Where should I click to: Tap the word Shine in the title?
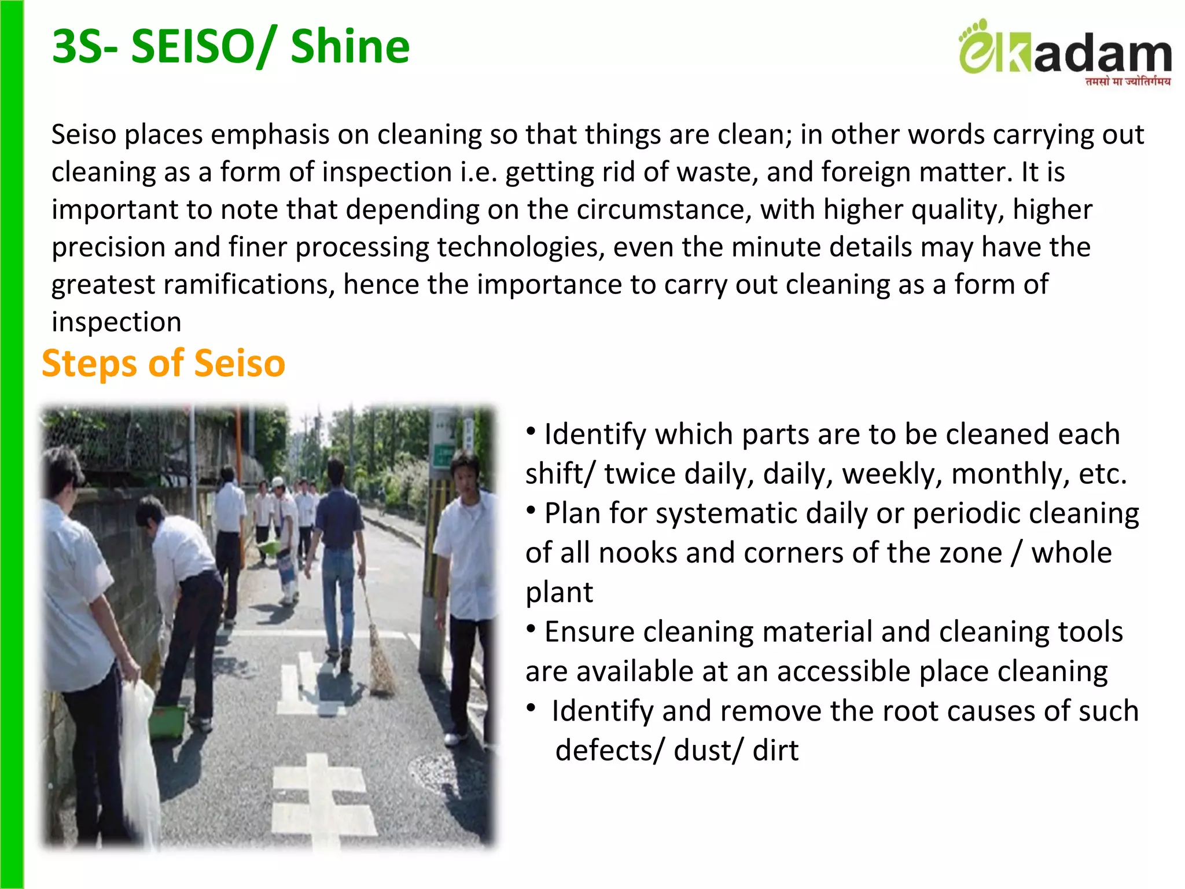click(350, 47)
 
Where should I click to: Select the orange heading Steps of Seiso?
click(164, 363)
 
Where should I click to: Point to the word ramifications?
click(248, 285)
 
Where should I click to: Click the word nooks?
click(638, 553)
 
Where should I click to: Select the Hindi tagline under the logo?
click(1128, 82)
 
